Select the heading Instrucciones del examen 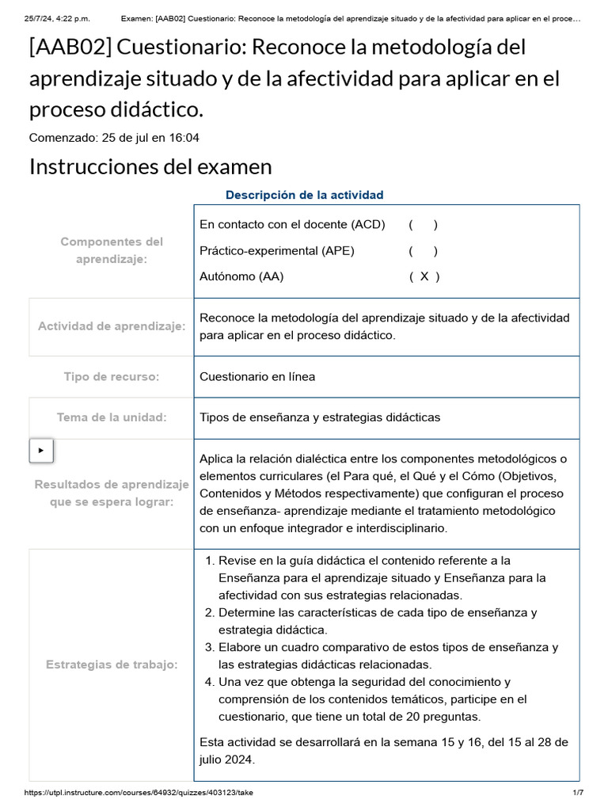click(150, 167)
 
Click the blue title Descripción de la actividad click(304, 195)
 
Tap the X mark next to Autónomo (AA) click(424, 276)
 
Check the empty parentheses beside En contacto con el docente click(424, 224)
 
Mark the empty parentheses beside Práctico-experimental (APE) click(424, 251)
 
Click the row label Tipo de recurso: click(112, 377)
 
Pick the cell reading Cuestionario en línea click(257, 377)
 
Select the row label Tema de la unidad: click(112, 417)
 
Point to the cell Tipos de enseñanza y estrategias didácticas click(320, 417)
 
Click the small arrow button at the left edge click(41, 451)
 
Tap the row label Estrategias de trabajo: click(112, 664)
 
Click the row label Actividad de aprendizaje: click(112, 326)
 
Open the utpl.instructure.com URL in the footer click(139, 793)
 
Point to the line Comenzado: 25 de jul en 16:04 click(114, 138)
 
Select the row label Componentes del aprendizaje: click(112, 250)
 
